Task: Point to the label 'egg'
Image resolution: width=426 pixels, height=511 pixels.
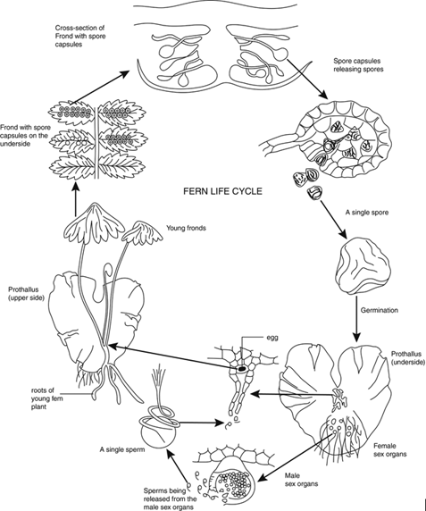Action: pyautogui.click(x=280, y=339)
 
